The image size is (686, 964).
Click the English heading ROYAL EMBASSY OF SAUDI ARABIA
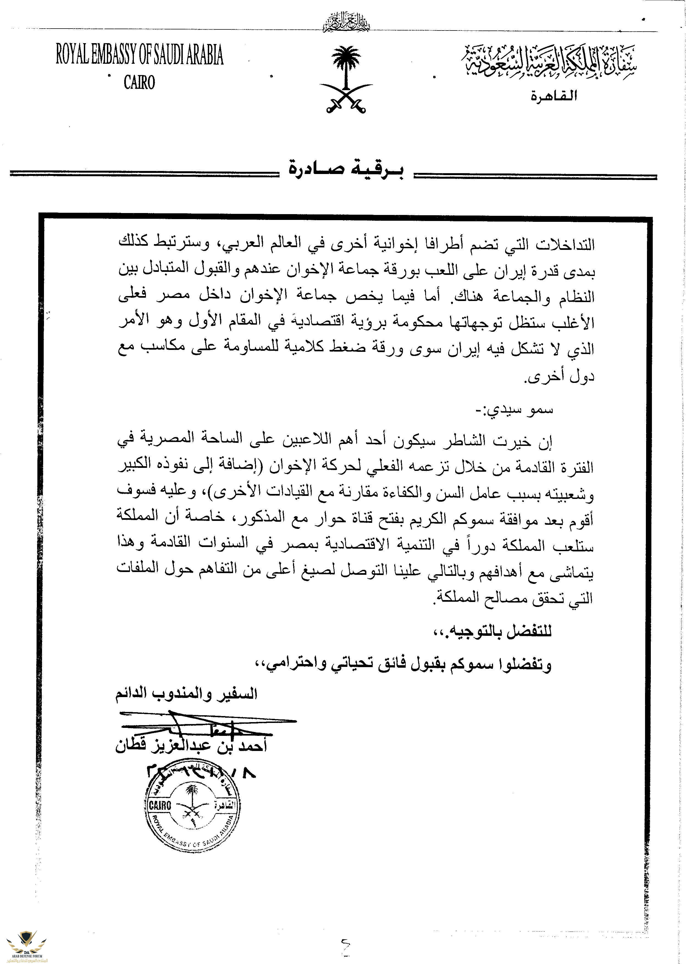[139, 55]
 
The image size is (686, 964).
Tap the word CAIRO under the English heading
[139, 82]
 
